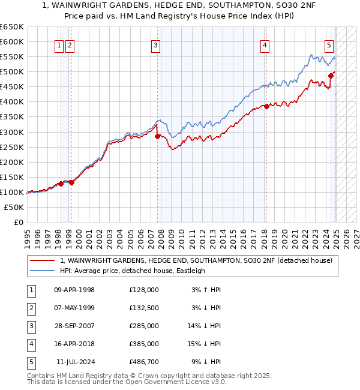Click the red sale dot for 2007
click(158, 136)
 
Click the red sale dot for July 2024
click(331, 76)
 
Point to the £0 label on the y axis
click(18, 222)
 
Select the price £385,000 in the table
click(144, 344)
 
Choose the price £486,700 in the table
click(144, 362)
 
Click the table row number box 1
click(31, 290)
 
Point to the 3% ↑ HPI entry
click(206, 290)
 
